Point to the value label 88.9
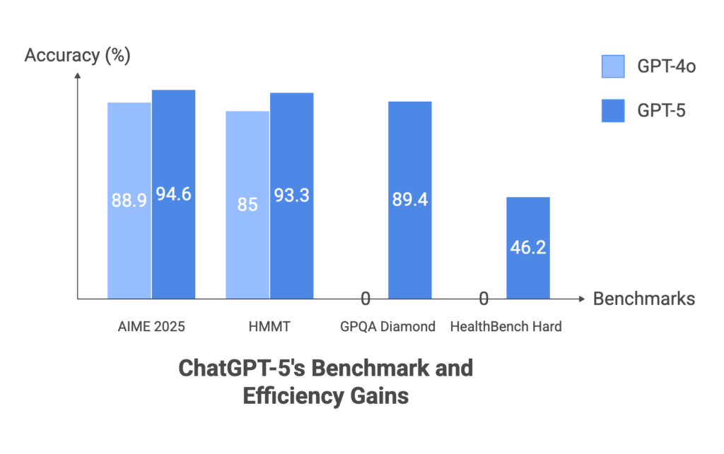pyautogui.click(x=129, y=201)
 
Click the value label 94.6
pyautogui.click(x=173, y=193)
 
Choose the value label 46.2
pyautogui.click(x=527, y=248)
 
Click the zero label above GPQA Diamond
pyautogui.click(x=366, y=299)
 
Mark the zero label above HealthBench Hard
pyautogui.click(x=484, y=299)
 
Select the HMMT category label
pyautogui.click(x=269, y=327)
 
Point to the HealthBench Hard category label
pyautogui.click(x=506, y=327)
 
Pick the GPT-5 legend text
pyautogui.click(x=662, y=110)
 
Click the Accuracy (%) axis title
pyautogui.click(x=77, y=56)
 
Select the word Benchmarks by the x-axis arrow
pyautogui.click(x=644, y=299)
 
